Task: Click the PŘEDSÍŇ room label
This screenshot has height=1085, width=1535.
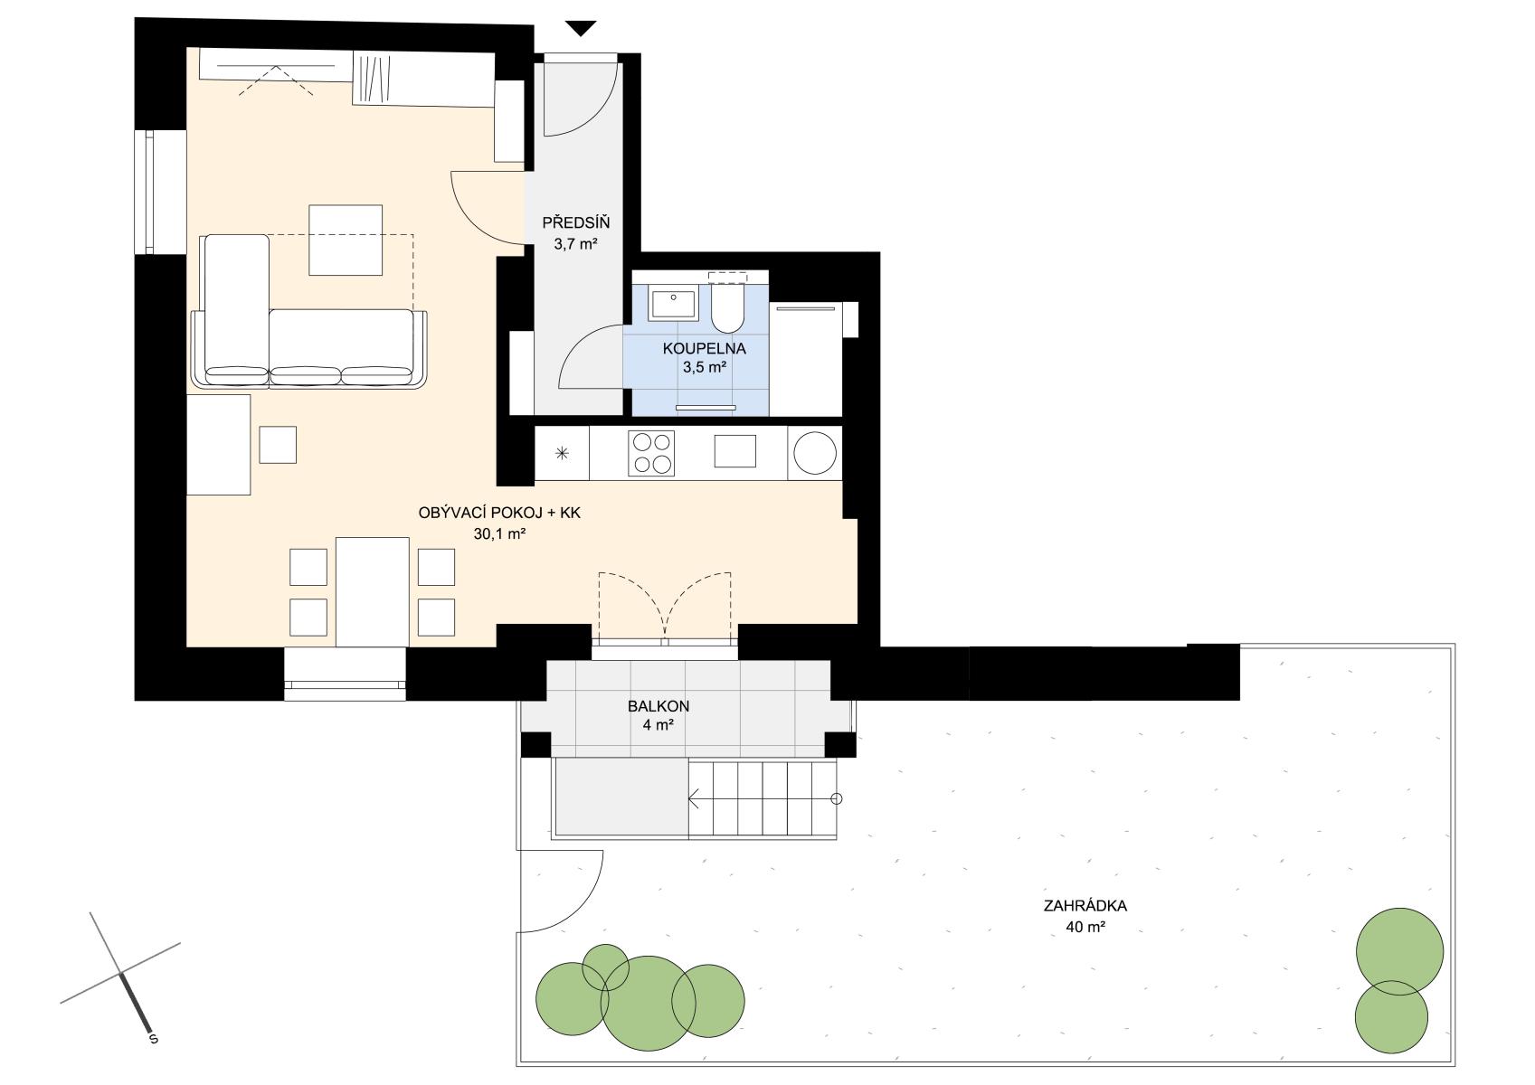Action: coord(575,222)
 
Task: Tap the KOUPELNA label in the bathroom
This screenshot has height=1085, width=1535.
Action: coord(704,348)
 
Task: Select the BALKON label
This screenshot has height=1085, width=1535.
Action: coord(658,705)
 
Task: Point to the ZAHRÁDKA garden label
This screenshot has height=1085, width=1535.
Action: coord(1085,906)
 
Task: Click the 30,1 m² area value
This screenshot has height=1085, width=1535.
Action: coord(499,533)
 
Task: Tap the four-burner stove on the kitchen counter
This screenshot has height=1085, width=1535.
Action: coord(651,453)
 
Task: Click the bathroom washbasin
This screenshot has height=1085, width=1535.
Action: coord(674,304)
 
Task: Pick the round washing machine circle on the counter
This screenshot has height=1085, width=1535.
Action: coord(815,453)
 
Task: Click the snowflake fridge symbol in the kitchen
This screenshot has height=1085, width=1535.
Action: coord(562,453)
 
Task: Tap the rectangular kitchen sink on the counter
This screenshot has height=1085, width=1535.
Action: coord(734,451)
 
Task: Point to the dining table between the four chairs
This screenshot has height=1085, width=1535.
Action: coord(372,592)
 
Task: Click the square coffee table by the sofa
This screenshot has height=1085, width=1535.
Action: coord(346,240)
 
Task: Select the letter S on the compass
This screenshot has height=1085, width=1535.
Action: coord(154,1039)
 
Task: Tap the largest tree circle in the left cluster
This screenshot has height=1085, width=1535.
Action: coord(649,1004)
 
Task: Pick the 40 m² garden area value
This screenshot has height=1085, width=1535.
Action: coord(1085,927)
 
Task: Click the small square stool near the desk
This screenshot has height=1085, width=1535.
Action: coord(278,445)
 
